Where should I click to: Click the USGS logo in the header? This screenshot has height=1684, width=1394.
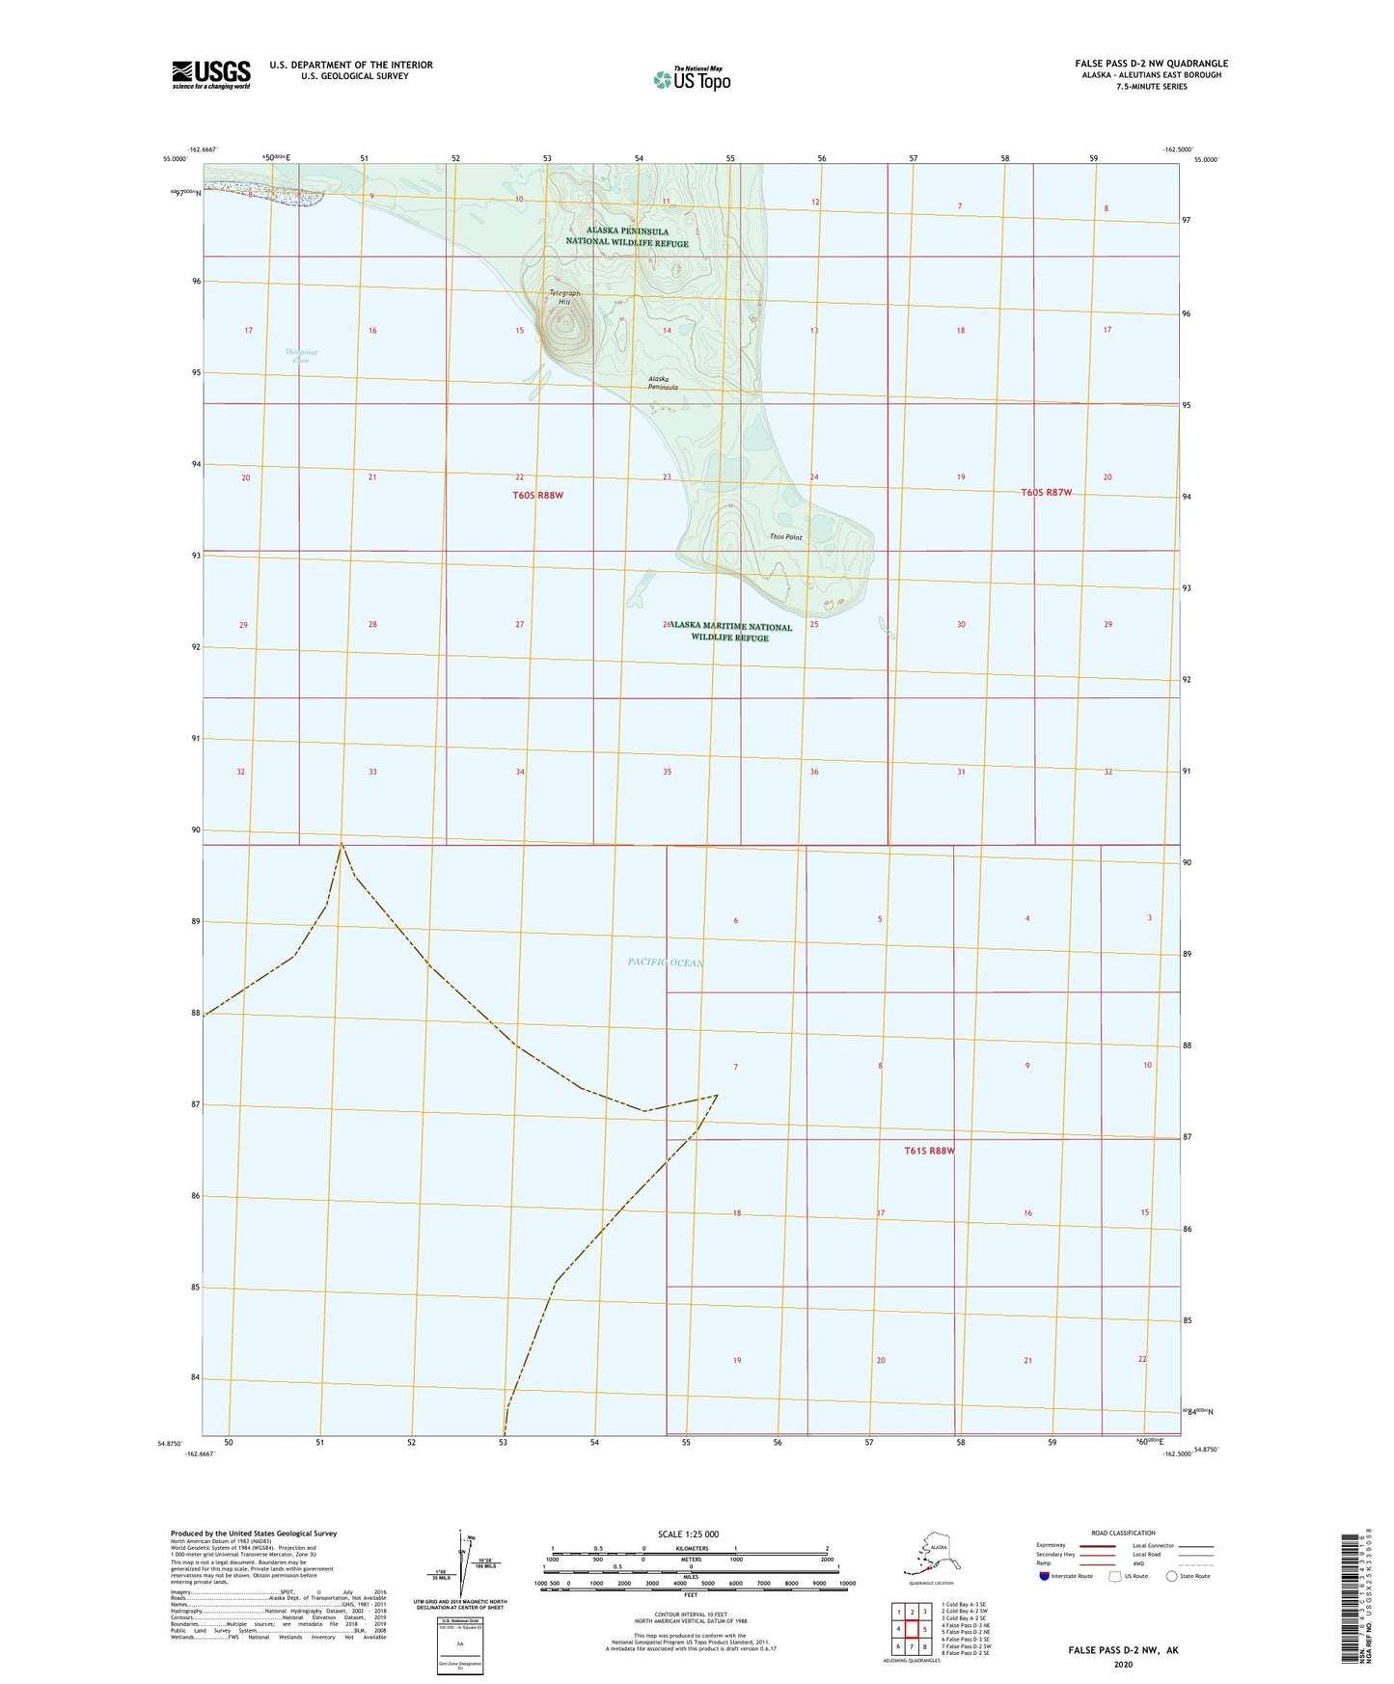tap(210, 74)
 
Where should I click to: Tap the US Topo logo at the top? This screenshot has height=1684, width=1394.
tap(691, 79)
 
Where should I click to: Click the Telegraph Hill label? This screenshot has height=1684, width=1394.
tap(565, 297)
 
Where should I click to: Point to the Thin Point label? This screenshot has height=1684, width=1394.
tap(785, 537)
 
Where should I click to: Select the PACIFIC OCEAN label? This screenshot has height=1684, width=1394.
tap(665, 963)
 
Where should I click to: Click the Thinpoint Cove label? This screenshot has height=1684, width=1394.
tap(301, 356)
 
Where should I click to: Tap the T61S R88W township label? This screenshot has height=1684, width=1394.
tap(929, 1151)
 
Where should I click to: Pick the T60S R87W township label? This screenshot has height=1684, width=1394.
tap(1046, 493)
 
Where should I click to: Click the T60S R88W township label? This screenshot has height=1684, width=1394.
tap(537, 495)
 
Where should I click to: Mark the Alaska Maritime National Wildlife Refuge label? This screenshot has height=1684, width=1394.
tap(731, 632)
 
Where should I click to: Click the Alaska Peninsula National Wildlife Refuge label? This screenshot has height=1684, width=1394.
tap(627, 237)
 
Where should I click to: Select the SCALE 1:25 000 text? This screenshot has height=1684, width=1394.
tap(689, 1534)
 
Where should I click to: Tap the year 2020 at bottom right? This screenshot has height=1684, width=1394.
tap(1122, 1664)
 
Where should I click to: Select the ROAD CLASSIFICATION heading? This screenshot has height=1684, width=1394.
tap(1123, 1533)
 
